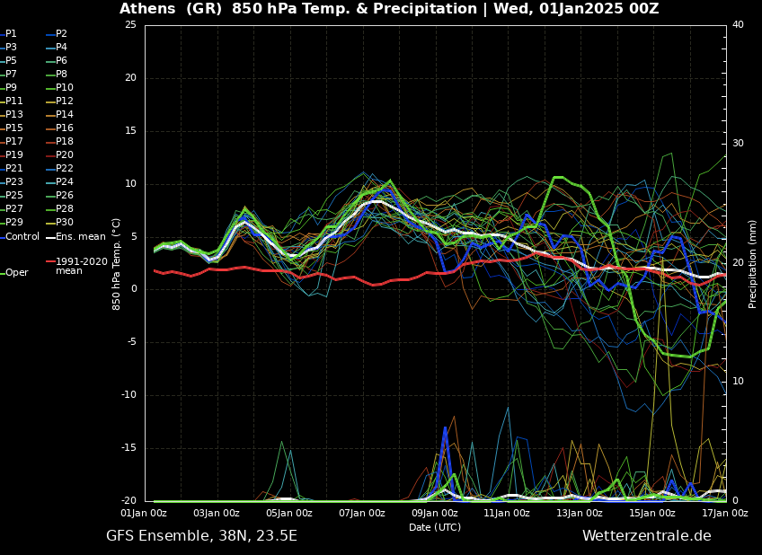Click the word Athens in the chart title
(147, 9)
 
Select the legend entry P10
(65, 88)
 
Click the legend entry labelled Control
(22, 237)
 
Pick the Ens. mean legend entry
(80, 237)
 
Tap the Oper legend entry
(17, 273)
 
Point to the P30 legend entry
(65, 223)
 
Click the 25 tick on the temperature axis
(130, 24)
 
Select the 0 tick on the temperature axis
(133, 289)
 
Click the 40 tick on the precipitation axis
(738, 24)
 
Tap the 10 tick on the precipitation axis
(738, 382)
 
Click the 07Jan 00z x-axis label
(362, 514)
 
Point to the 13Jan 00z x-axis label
(580, 514)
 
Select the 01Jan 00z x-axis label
(145, 514)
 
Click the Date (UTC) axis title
(435, 527)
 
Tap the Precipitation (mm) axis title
(753, 264)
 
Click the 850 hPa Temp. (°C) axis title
(117, 264)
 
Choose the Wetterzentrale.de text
(646, 536)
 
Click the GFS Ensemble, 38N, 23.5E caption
(201, 536)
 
